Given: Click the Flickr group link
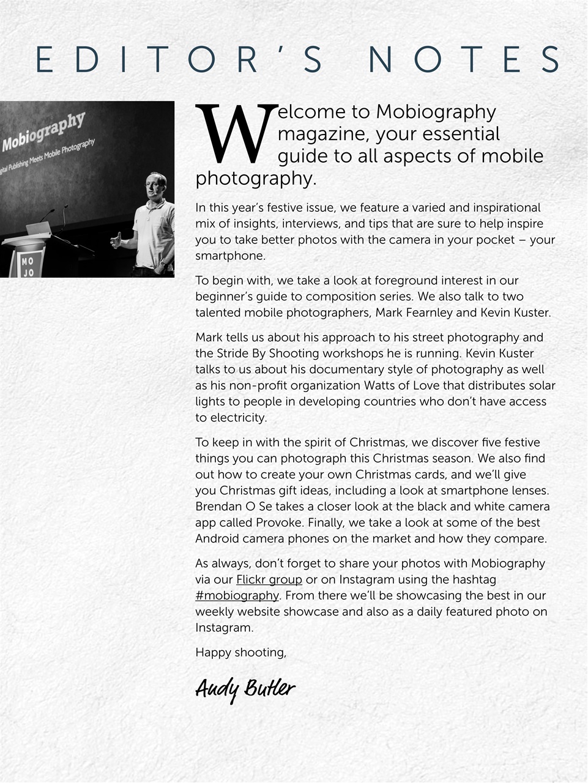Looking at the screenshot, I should point(269,579).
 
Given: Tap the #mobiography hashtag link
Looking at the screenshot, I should point(237,596).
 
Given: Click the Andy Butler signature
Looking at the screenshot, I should point(245,689).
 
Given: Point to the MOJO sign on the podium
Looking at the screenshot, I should point(28,266).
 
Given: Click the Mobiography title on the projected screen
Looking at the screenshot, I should point(43,132).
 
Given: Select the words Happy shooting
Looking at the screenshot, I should point(240,653).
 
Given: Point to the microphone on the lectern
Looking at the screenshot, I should point(49,213).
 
